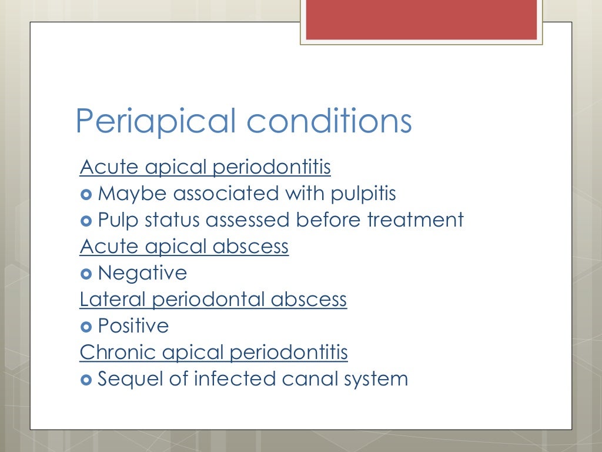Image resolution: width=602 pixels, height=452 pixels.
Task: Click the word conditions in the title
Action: coord(329,121)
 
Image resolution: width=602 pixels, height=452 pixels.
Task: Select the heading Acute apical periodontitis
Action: coord(205,168)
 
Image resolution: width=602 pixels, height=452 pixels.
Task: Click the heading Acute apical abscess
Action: coord(184,247)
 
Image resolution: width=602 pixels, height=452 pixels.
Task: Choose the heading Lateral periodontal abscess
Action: coord(213,300)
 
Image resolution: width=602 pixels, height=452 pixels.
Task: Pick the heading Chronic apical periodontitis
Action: coord(213,353)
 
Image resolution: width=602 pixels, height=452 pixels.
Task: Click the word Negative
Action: coord(142,273)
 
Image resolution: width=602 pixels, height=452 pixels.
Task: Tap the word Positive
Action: coord(133,326)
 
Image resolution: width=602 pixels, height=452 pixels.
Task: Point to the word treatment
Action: coord(415,220)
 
